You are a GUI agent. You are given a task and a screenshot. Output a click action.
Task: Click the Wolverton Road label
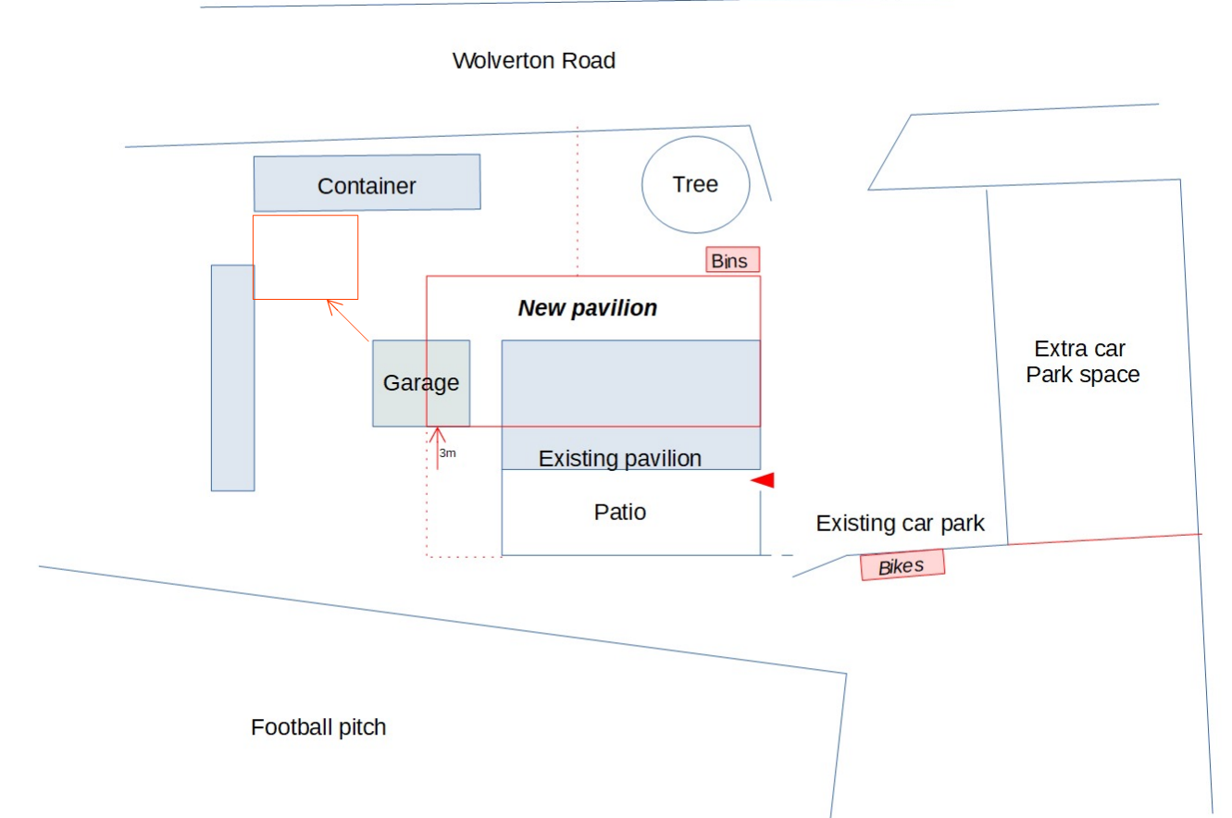click(x=533, y=61)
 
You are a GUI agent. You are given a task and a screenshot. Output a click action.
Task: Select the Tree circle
click(x=695, y=184)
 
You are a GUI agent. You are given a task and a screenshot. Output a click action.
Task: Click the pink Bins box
click(x=732, y=261)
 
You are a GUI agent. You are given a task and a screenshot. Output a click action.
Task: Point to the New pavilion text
click(x=587, y=308)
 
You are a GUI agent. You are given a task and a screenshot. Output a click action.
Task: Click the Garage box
click(x=421, y=383)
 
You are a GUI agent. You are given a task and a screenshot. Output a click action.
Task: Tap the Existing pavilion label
click(x=619, y=458)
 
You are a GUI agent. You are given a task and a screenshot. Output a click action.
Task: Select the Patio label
click(x=619, y=512)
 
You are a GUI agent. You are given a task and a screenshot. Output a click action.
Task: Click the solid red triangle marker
click(x=764, y=480)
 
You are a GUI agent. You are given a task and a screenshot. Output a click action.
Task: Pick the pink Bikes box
click(x=902, y=564)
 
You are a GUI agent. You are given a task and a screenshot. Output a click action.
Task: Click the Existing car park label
click(x=900, y=524)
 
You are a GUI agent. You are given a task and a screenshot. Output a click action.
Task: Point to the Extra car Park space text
click(x=1082, y=362)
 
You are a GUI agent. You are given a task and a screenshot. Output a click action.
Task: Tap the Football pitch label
click(x=318, y=727)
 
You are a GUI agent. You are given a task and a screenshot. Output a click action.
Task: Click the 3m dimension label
click(x=447, y=453)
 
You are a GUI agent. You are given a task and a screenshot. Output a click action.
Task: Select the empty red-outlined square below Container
click(x=305, y=257)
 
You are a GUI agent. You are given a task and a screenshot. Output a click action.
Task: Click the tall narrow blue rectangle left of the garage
click(x=232, y=378)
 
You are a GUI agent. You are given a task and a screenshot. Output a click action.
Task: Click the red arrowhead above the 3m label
click(x=437, y=432)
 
